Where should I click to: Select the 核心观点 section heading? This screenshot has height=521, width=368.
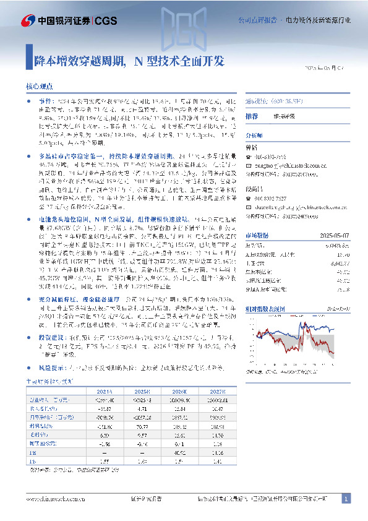[x=39, y=88]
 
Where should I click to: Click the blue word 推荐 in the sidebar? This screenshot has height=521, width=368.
[x=252, y=116]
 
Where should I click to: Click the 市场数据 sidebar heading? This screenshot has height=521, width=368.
[x=257, y=217]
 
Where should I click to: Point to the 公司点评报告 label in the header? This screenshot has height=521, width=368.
[x=257, y=20]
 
